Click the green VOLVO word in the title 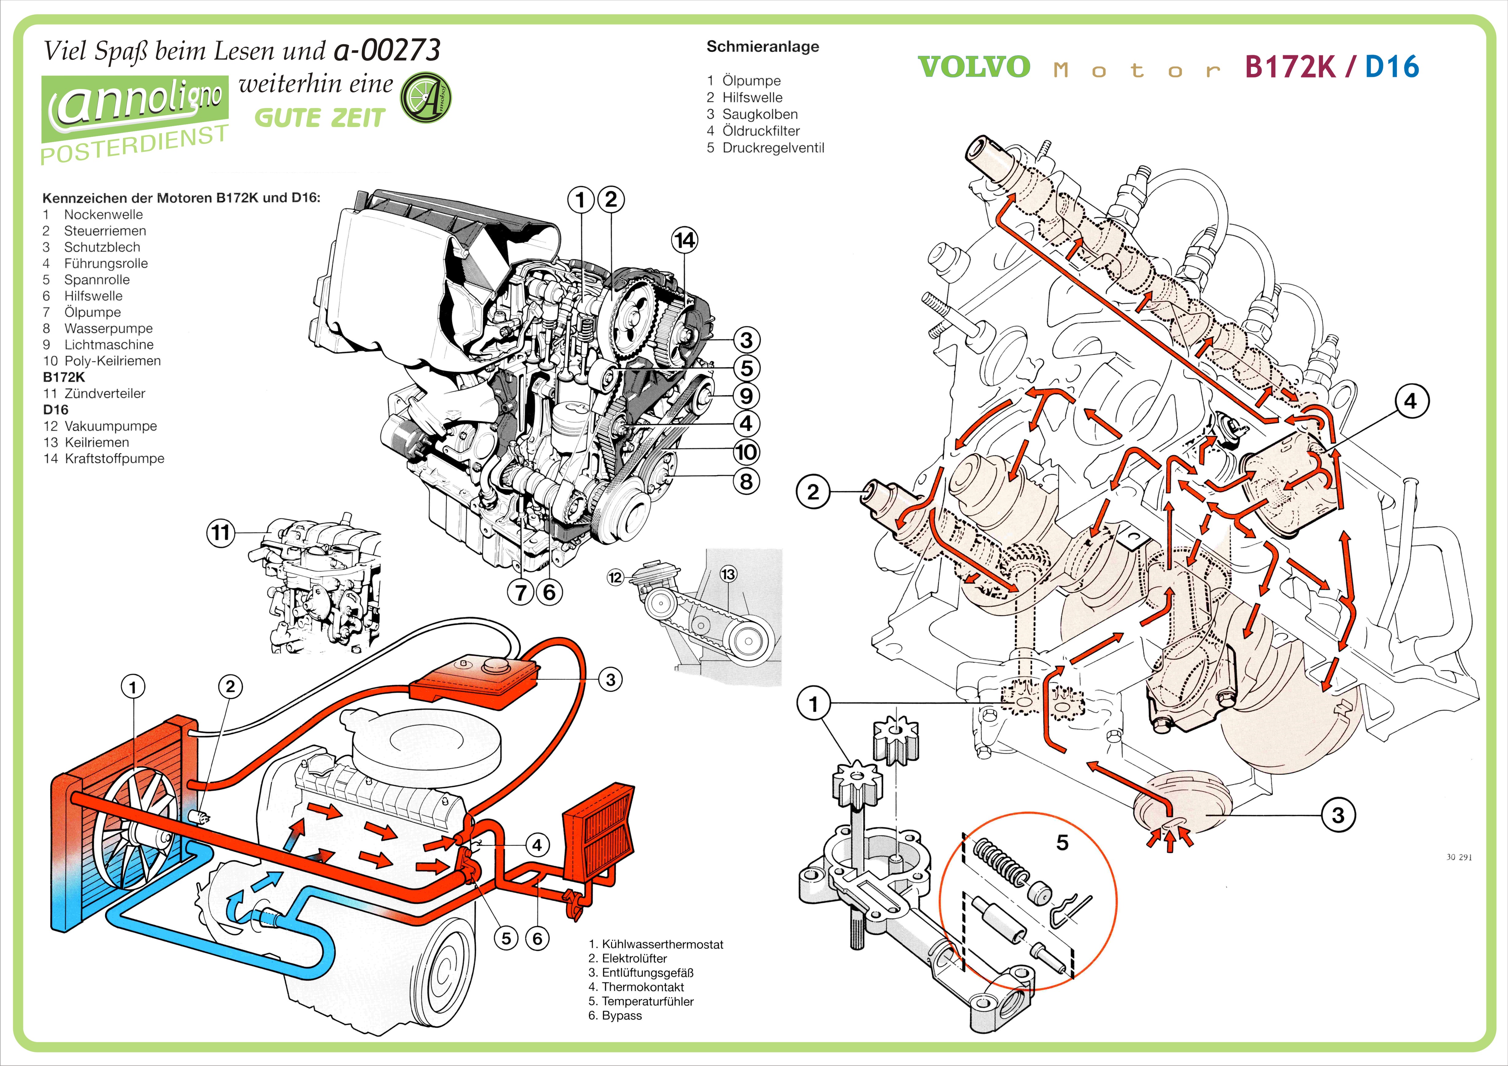(x=974, y=67)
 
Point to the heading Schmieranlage (x=763, y=47)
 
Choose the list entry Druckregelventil (x=772, y=148)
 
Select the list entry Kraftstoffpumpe (x=114, y=458)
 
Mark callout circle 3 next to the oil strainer (x=1338, y=816)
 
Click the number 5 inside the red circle (x=1062, y=843)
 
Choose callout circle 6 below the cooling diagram (x=537, y=939)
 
